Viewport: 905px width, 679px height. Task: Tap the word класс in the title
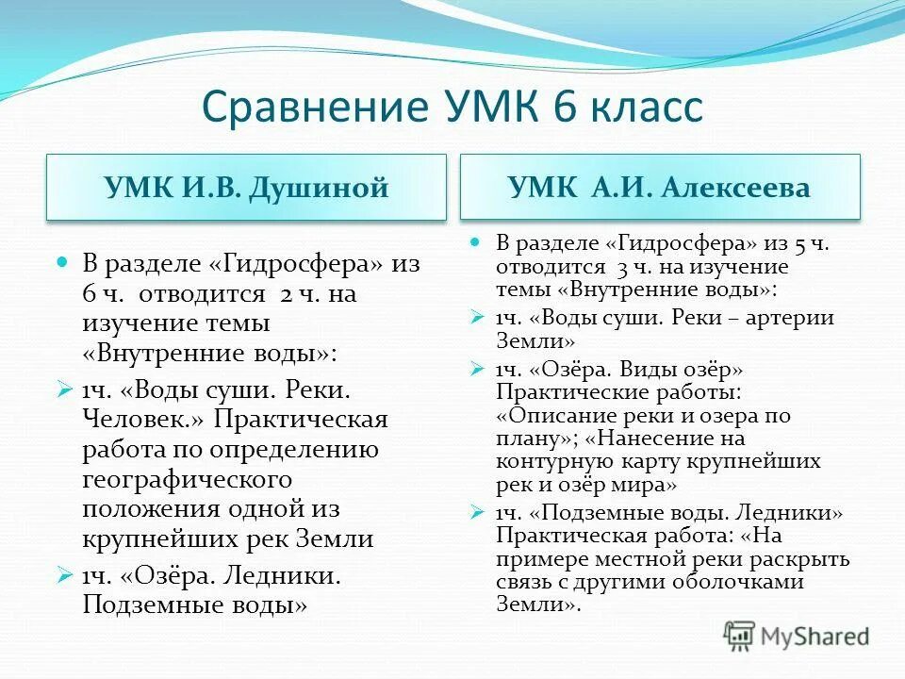[x=647, y=107]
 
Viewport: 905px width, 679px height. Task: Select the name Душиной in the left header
[x=319, y=188]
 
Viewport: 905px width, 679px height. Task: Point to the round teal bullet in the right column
[x=477, y=241]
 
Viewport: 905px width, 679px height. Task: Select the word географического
[x=187, y=478]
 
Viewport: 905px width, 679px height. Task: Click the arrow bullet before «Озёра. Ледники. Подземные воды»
[x=64, y=572]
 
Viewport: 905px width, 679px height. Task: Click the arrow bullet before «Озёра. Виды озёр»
[x=477, y=368]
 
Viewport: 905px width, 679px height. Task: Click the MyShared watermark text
[x=815, y=636]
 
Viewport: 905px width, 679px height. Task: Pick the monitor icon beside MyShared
[x=740, y=635]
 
